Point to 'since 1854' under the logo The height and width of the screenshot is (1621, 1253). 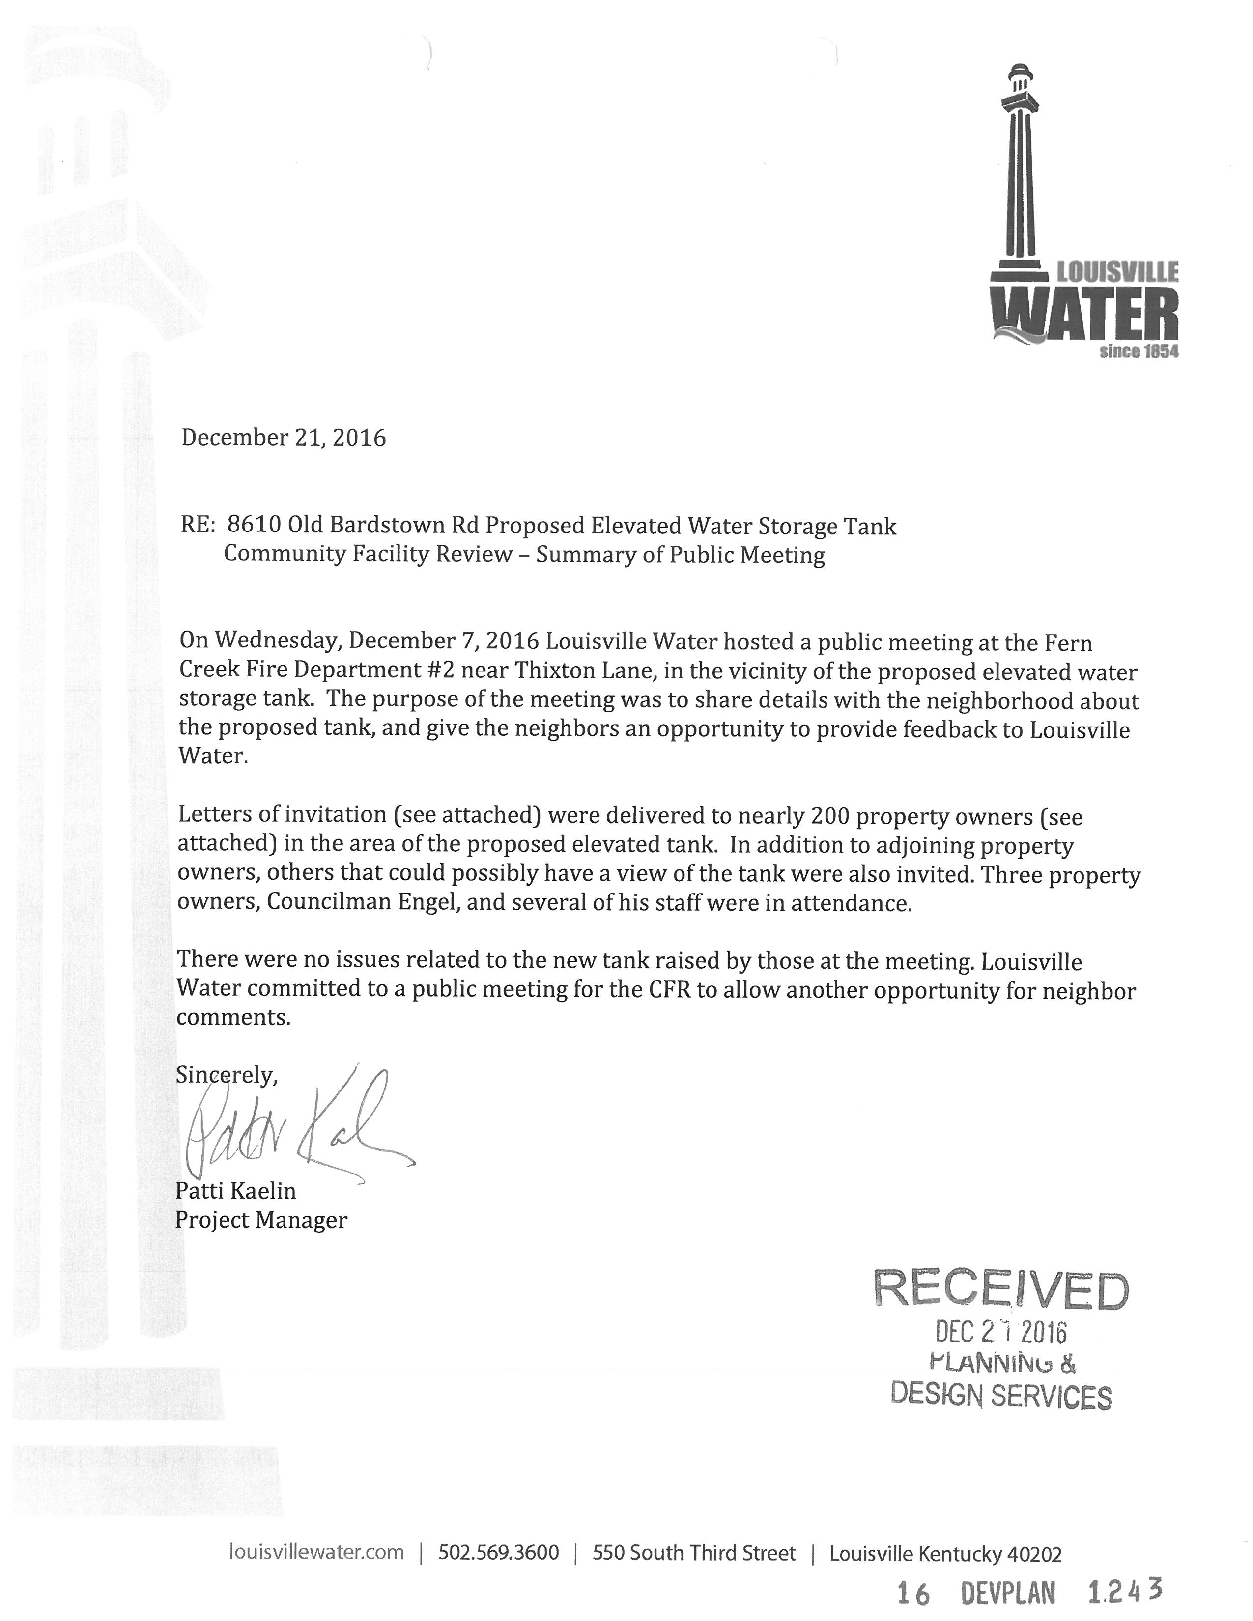[x=1138, y=351]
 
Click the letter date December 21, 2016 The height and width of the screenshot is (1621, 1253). [x=284, y=438]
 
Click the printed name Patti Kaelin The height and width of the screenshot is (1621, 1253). [x=235, y=1191]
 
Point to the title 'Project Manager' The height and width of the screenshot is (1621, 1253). [x=260, y=1220]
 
